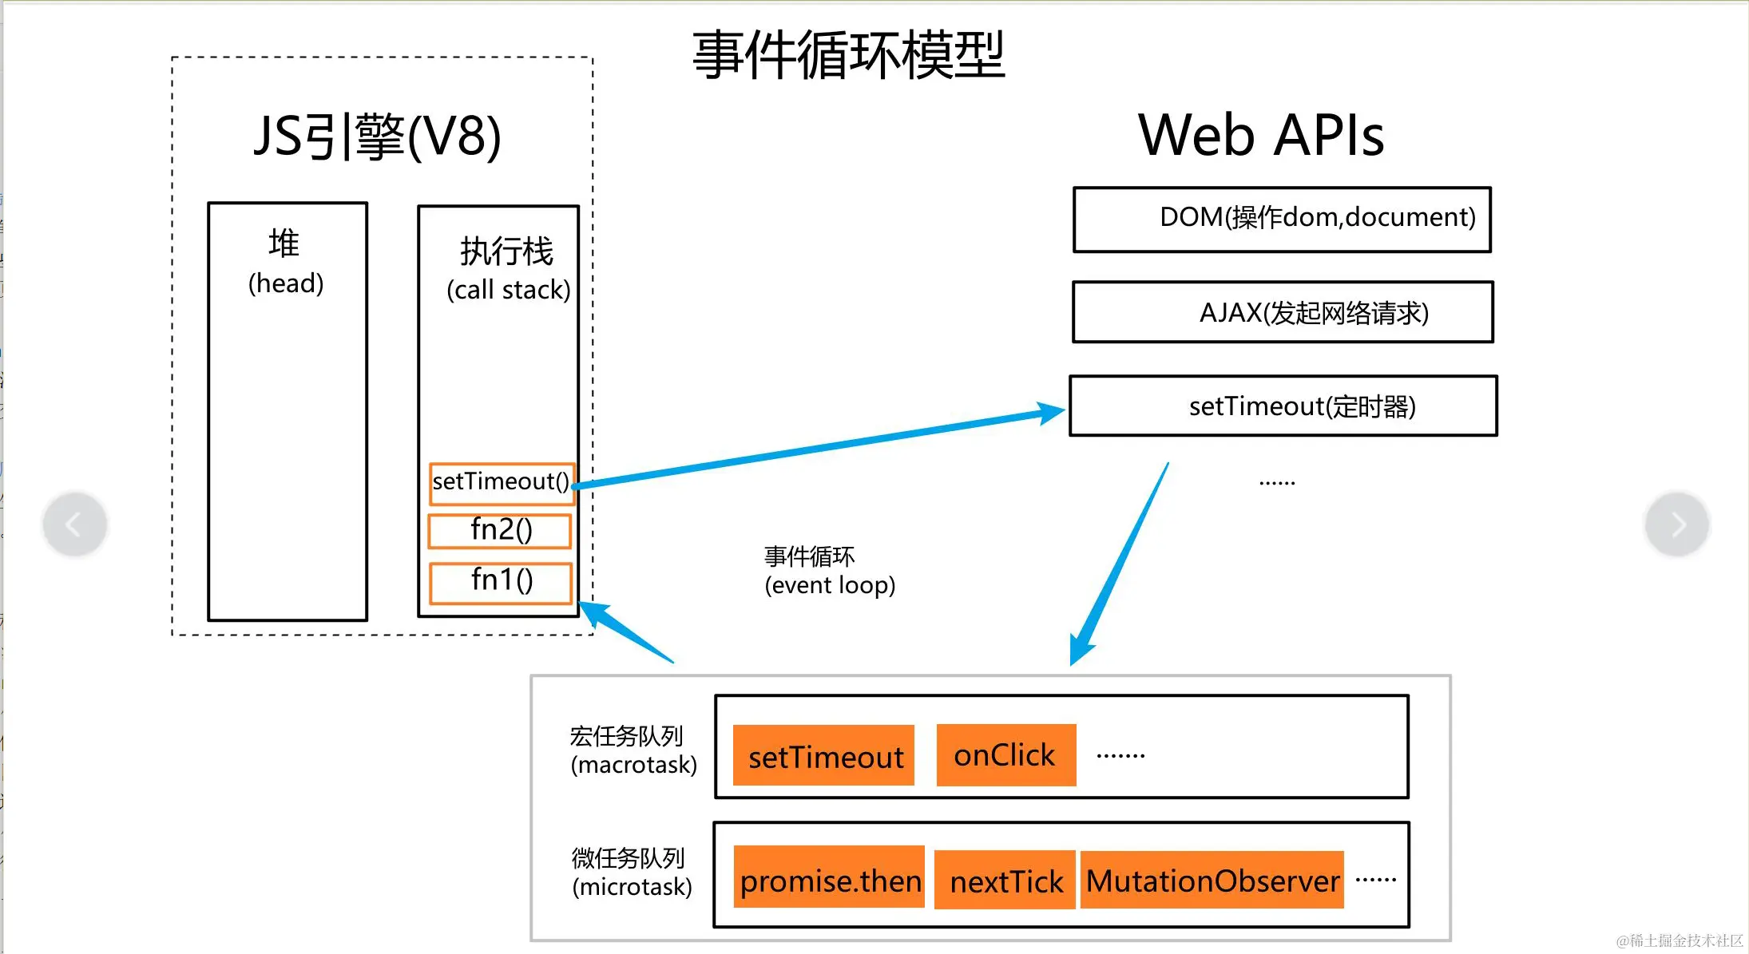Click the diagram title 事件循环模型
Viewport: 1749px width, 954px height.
coord(848,56)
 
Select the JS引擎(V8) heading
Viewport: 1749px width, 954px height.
coord(377,136)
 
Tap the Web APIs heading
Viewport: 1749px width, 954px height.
coord(1261,136)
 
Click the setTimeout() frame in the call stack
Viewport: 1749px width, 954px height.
coord(502,483)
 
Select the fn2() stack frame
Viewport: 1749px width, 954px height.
coord(501,531)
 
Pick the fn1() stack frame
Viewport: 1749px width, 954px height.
coord(502,581)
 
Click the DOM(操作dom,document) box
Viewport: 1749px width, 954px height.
coord(1282,220)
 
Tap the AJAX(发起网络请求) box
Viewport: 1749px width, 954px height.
coord(1283,312)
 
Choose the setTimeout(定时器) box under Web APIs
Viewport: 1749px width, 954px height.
coord(1283,406)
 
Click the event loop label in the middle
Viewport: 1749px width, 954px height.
coord(829,571)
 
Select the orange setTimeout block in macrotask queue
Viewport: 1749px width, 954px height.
coord(824,756)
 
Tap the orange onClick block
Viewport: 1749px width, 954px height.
coord(1005,755)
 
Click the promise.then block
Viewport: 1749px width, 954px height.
coord(829,878)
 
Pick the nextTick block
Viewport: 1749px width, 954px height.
coord(1005,881)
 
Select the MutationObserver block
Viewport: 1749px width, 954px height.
coord(1212,880)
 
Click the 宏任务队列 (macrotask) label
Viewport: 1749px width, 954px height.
coord(633,750)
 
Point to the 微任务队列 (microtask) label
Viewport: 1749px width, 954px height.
coord(631,873)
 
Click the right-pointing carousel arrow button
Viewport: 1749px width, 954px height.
coord(1676,525)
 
